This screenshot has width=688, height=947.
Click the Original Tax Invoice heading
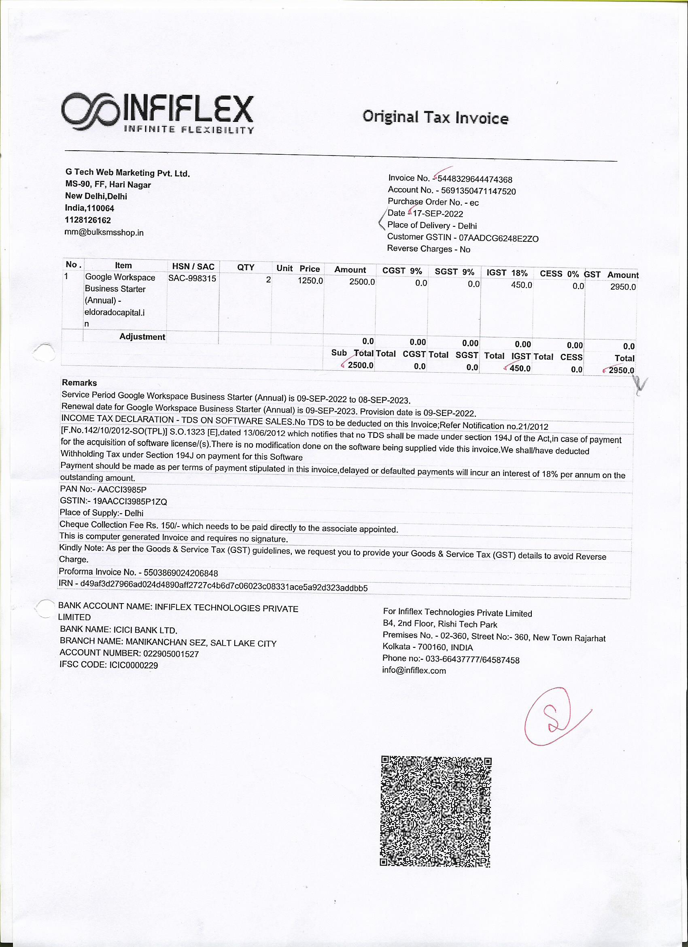[435, 117]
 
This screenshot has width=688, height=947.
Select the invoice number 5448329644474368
[475, 179]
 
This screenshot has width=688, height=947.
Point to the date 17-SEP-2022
[437, 214]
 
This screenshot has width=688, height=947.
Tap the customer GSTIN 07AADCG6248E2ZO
[498, 239]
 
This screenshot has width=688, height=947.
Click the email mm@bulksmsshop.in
[104, 232]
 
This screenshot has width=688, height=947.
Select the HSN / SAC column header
[193, 267]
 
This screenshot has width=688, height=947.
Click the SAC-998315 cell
[192, 279]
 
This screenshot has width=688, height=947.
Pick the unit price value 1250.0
[310, 281]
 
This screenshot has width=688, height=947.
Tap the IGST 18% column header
[507, 273]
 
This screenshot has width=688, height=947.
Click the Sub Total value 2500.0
[361, 365]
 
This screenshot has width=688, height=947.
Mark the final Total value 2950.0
[621, 370]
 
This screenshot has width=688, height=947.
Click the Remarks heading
[79, 383]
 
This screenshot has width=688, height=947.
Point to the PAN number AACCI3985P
[121, 489]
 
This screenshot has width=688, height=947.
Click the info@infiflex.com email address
[414, 671]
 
